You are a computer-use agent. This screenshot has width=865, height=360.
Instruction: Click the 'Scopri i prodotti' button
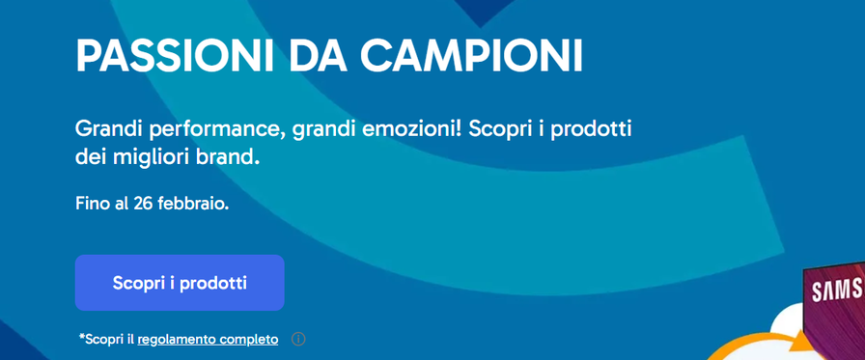180,283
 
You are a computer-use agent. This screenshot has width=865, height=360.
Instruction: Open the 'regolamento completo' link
208,339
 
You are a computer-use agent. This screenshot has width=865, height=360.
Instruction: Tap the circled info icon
298,339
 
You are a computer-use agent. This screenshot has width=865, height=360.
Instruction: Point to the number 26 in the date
142,204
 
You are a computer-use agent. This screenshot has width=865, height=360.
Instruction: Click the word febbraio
192,204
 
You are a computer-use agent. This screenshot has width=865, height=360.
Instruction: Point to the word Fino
91,204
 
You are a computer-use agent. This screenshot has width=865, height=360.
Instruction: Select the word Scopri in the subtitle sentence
504,130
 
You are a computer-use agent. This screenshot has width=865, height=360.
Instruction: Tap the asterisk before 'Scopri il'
82,336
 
